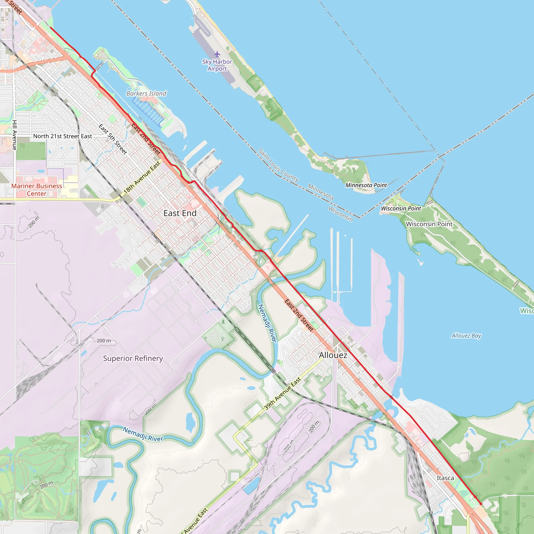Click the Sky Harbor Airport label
tap(217, 65)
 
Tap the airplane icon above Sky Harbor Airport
tap(217, 54)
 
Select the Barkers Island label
tap(146, 93)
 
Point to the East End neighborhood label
tap(180, 213)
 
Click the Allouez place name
tap(333, 355)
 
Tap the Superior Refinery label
tap(133, 359)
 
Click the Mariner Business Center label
tap(37, 190)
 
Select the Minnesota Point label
tap(366, 185)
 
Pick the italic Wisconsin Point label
tap(401, 208)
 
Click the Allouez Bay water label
tap(466, 336)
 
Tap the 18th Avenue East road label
tap(142, 177)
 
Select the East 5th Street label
tap(113, 139)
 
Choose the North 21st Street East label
tap(63, 136)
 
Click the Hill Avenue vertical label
tap(15, 135)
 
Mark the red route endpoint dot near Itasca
tap(481, 504)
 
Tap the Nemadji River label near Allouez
tap(267, 323)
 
